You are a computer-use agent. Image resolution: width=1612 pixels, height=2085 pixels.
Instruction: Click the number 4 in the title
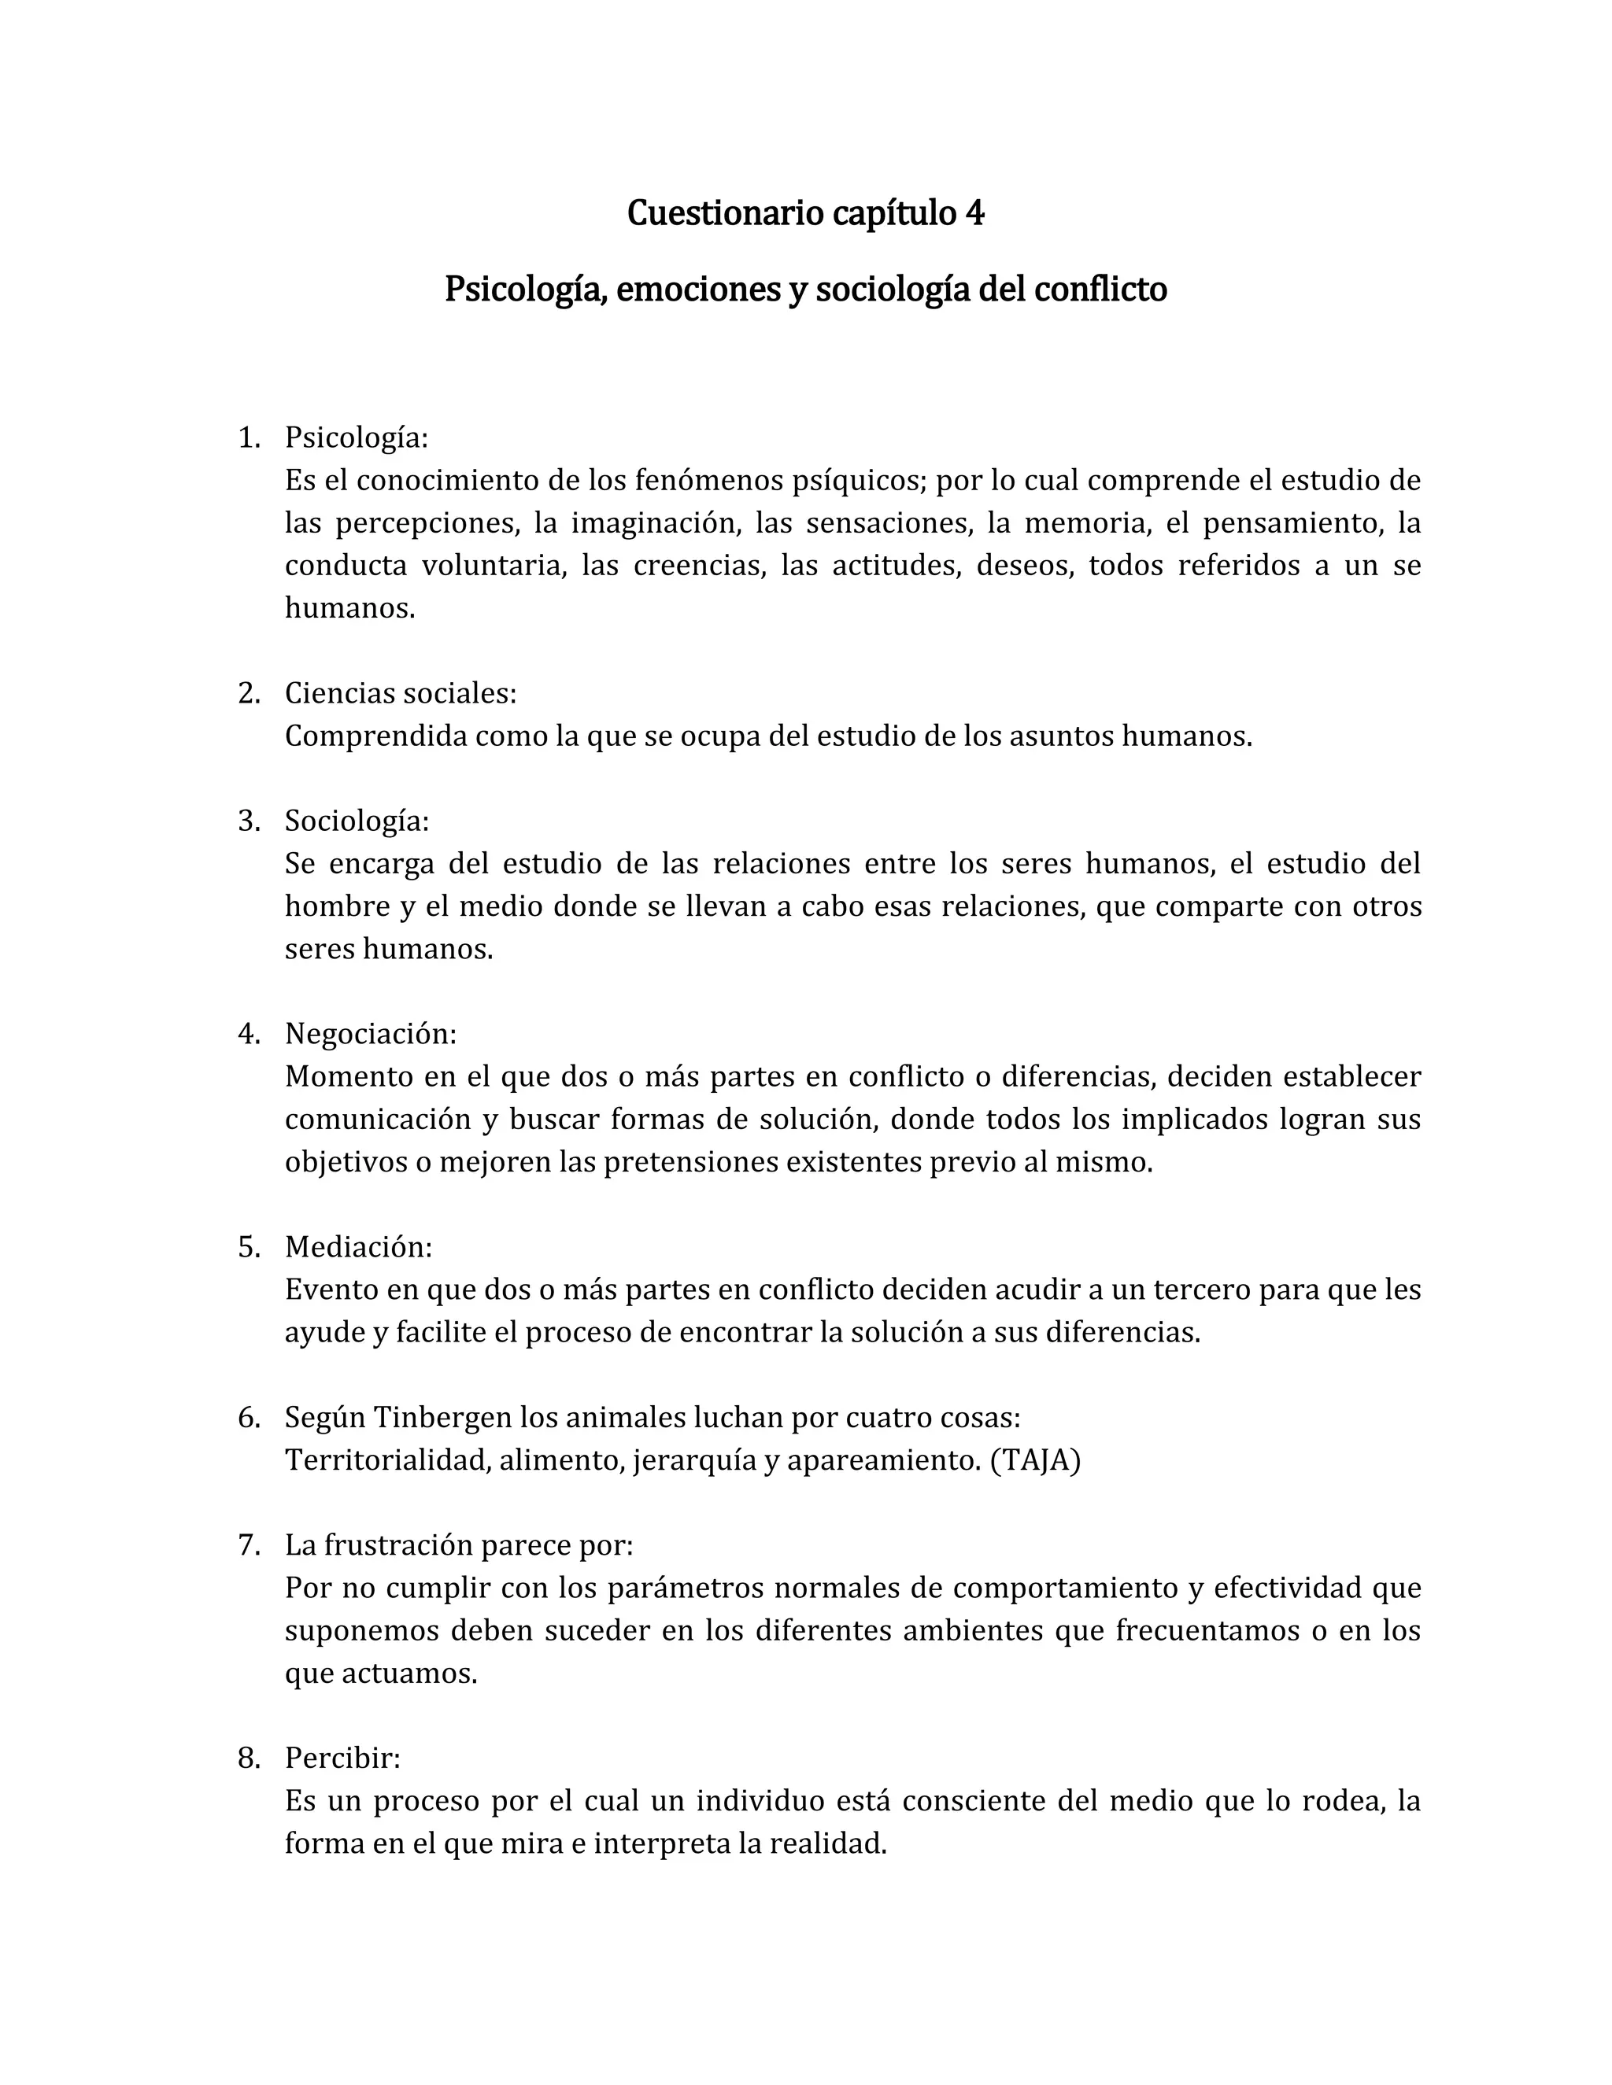pyautogui.click(x=974, y=213)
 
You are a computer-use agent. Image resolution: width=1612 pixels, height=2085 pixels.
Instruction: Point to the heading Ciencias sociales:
pyautogui.click(x=400, y=693)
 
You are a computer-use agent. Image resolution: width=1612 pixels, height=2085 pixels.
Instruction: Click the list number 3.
pyautogui.click(x=248, y=821)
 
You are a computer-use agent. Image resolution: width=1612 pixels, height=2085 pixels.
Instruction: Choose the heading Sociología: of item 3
pyautogui.click(x=357, y=821)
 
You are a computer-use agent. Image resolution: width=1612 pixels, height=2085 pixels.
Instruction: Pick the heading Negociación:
pyautogui.click(x=371, y=1034)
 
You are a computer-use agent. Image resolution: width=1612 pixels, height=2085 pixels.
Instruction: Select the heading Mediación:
pyautogui.click(x=358, y=1247)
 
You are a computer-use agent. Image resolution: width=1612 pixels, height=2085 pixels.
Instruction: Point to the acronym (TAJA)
pyautogui.click(x=1035, y=1460)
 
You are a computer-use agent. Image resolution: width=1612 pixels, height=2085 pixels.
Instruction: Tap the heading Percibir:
pyautogui.click(x=342, y=1758)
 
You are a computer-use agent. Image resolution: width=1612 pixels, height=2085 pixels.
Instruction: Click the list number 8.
pyautogui.click(x=248, y=1758)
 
